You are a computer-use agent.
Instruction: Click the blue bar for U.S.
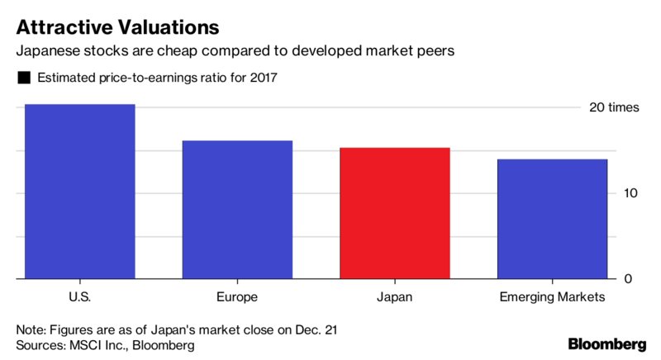pos(79,192)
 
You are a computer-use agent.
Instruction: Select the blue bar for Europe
pos(237,210)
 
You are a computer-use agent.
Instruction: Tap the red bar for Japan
pos(395,213)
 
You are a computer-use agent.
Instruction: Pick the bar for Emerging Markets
pos(552,219)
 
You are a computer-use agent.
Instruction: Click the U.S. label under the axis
pos(79,296)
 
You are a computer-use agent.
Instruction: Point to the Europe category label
pos(236,296)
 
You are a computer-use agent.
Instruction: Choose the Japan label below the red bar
pos(395,296)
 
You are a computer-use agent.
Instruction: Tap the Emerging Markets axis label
pos(552,296)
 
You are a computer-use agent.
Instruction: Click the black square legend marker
pos(23,78)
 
